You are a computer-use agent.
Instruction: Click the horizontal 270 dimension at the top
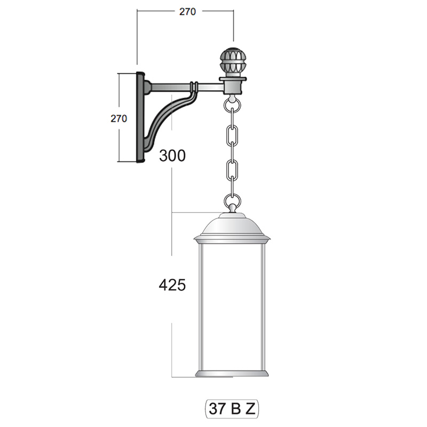tap(187, 12)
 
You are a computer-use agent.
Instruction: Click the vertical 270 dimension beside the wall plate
tap(118, 118)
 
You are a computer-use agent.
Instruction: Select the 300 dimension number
tap(172, 155)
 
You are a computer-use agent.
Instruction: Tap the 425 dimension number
tap(172, 285)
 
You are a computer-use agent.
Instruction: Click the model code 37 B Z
tap(232, 408)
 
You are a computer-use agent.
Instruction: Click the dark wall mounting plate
tap(140, 117)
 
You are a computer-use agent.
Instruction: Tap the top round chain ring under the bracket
tap(232, 104)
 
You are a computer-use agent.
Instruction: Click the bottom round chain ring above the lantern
tap(232, 201)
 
